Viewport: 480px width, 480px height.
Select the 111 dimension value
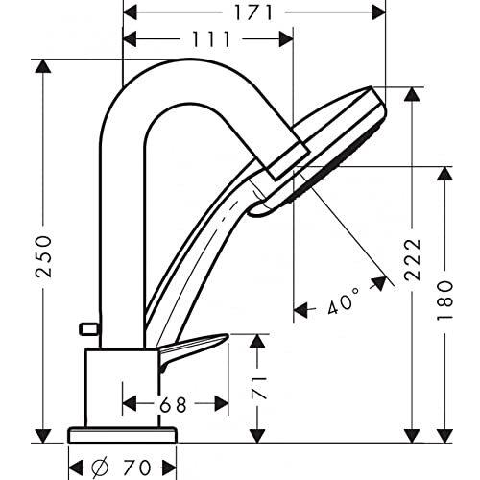[x=211, y=39]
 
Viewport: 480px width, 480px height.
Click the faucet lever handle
[x=196, y=345]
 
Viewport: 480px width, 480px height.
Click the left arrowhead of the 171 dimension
[x=131, y=13]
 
